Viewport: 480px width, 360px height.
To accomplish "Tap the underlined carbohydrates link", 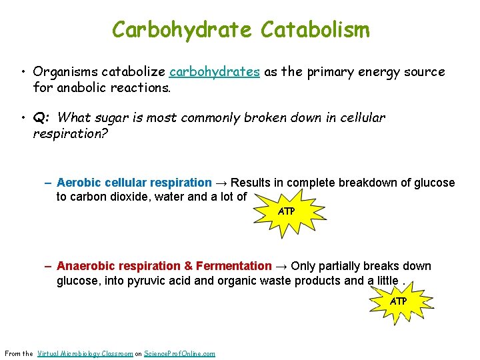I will pyautogui.click(x=215, y=72).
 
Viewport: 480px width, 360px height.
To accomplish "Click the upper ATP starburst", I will pyautogui.click(x=286, y=211).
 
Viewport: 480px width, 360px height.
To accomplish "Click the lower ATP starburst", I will pyautogui.click(x=398, y=301).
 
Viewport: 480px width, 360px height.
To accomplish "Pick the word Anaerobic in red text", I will pyautogui.click(x=83, y=266).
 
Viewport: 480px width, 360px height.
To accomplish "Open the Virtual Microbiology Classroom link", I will pyautogui.click(x=85, y=353).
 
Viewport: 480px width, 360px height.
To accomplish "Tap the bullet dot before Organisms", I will pyautogui.click(x=23, y=72).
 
